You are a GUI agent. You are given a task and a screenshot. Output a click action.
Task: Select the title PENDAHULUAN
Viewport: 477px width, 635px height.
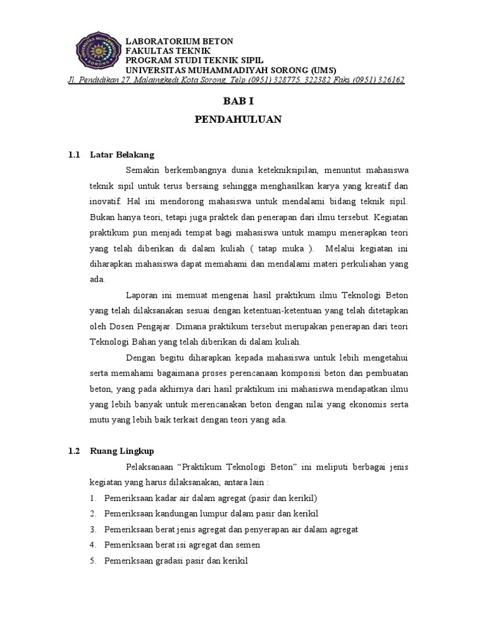click(238, 120)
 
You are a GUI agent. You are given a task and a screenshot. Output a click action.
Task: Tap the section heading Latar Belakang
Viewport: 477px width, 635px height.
click(122, 154)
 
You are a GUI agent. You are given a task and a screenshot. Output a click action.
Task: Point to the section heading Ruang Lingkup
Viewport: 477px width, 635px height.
click(121, 452)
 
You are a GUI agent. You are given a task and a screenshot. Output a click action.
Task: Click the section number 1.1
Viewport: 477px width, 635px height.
click(75, 154)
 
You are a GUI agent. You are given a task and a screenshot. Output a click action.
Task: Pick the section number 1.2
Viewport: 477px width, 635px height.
click(75, 452)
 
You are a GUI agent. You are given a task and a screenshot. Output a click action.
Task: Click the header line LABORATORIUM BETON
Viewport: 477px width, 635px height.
click(179, 42)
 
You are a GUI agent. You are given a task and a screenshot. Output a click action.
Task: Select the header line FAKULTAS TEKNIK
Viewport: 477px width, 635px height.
click(168, 51)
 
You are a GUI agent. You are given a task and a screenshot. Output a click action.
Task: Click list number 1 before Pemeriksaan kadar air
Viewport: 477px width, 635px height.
click(92, 499)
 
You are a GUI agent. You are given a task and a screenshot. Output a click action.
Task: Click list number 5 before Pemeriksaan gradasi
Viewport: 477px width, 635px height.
click(92, 560)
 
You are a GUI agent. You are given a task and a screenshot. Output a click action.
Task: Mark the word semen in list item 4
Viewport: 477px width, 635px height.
click(248, 545)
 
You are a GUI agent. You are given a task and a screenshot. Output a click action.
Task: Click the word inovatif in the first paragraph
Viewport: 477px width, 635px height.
click(104, 202)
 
